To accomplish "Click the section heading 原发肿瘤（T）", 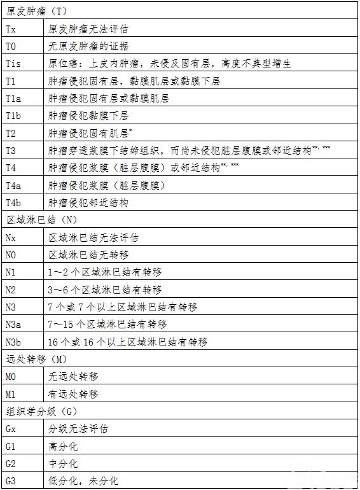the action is tap(38, 11).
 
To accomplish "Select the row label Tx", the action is tap(11, 29).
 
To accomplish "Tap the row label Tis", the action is tap(14, 64).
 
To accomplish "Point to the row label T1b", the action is tap(14, 116).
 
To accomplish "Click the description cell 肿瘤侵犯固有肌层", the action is tap(90, 133).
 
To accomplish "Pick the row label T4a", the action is tap(14, 185).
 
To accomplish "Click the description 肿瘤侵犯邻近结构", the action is tap(88, 202).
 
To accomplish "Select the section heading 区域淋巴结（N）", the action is tap(42, 220).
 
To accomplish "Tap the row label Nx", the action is tap(11, 237).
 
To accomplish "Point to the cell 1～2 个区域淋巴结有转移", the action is tap(105, 272).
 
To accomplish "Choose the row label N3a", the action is tap(14, 324).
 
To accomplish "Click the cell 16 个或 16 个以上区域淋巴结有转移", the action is tap(128, 342).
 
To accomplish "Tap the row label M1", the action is tap(11, 394).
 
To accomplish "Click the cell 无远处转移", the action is tap(73, 377).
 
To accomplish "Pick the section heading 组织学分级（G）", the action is tap(42, 411).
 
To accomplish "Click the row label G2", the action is tap(11, 463).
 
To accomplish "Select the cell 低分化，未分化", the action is tap(83, 480).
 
